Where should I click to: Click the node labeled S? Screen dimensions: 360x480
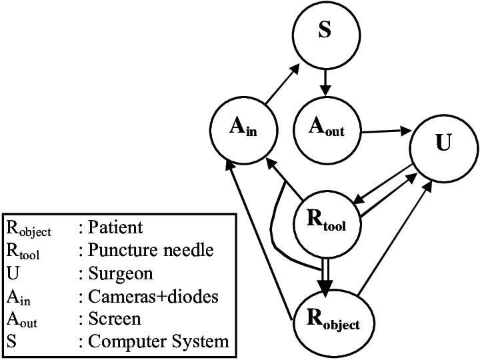[325, 33]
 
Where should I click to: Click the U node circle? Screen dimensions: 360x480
[442, 145]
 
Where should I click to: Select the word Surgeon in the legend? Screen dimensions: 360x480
[120, 273]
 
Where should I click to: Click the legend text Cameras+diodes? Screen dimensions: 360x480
[153, 296]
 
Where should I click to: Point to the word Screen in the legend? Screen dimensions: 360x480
[114, 319]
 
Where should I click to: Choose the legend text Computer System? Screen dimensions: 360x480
[158, 342]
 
